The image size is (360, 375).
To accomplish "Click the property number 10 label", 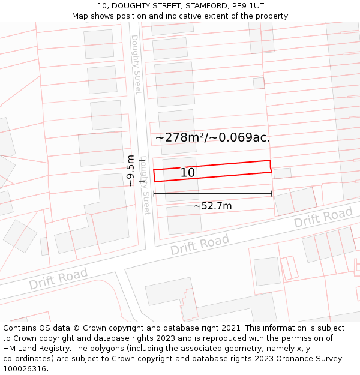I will [188, 173].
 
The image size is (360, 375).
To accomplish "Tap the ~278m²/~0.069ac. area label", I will [212, 137].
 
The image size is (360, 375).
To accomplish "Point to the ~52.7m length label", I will [212, 206].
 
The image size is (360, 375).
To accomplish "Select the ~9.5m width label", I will [130, 170].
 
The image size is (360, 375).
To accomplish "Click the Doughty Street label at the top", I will [136, 64].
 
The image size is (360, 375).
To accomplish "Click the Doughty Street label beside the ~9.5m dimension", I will [145, 186].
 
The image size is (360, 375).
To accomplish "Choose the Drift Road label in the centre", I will [200, 244].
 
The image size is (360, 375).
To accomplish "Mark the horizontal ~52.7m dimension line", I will [212, 194].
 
